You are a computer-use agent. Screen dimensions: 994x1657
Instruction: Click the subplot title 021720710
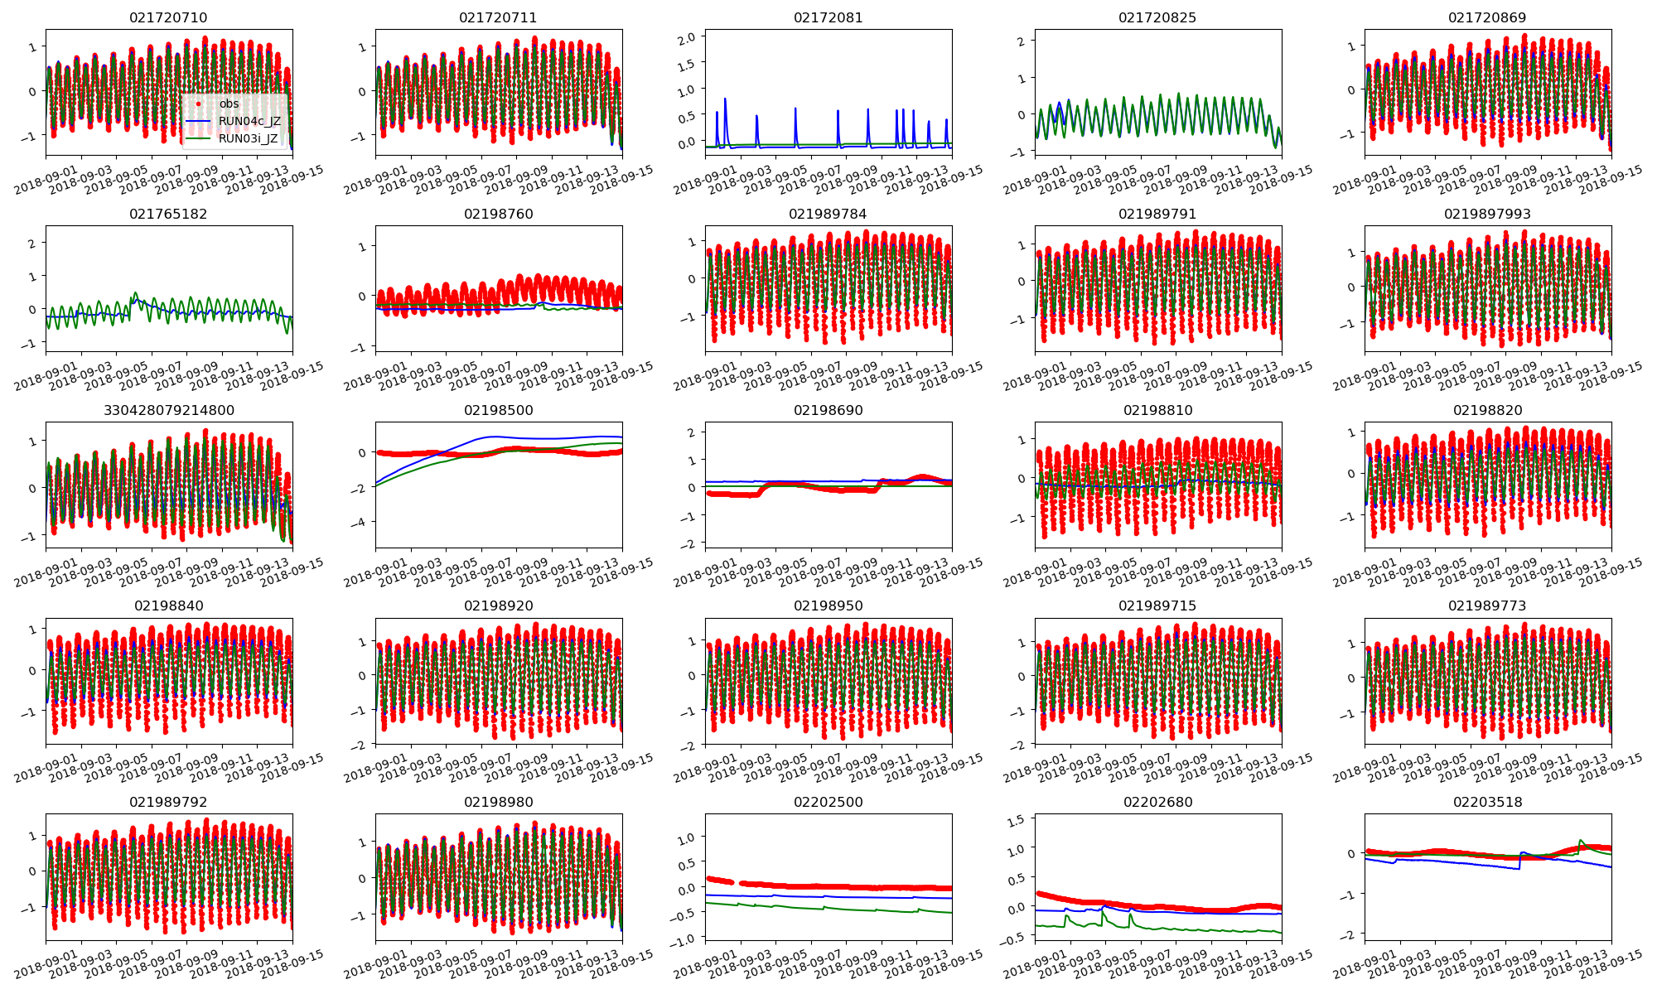coord(168,17)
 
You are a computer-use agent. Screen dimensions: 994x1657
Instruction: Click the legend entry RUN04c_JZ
coord(249,121)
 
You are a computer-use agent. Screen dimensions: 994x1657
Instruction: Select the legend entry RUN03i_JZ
coord(248,138)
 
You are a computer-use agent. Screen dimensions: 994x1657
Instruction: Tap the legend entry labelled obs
coord(229,104)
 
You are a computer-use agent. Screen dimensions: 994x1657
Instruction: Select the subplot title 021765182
coord(168,214)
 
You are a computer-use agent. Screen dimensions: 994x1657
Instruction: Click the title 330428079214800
coord(168,410)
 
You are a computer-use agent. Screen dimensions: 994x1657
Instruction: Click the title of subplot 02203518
coord(1487,802)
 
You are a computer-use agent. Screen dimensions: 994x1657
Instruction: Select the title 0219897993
coord(1487,214)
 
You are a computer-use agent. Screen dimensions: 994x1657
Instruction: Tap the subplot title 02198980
coord(498,802)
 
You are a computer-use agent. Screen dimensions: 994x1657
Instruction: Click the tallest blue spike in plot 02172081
coord(725,99)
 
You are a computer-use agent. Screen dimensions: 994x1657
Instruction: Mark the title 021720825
coord(1157,17)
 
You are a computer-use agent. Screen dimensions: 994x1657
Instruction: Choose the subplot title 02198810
coord(1157,410)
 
